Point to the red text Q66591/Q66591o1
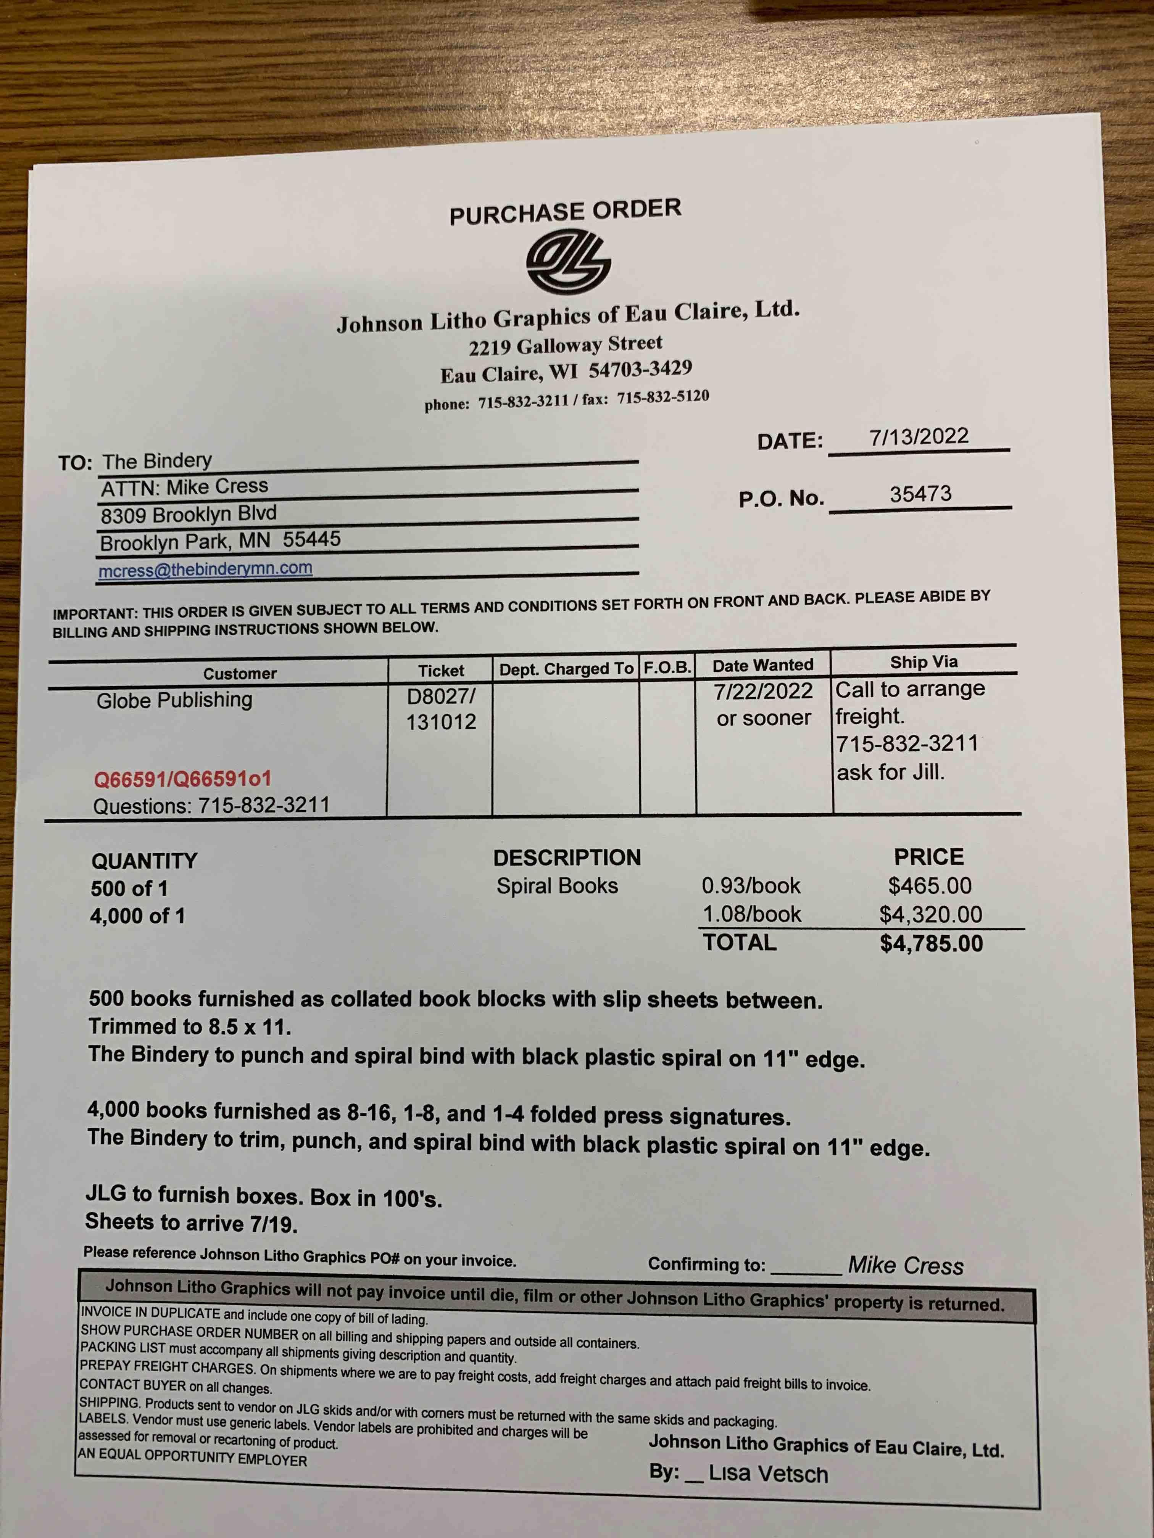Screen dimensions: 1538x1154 [182, 779]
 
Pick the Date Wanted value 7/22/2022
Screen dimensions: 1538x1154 [763, 691]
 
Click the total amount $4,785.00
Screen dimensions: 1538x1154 [931, 944]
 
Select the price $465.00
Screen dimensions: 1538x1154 [929, 886]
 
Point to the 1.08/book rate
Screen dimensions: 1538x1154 [751, 914]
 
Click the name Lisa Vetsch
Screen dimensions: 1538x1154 [767, 1474]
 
